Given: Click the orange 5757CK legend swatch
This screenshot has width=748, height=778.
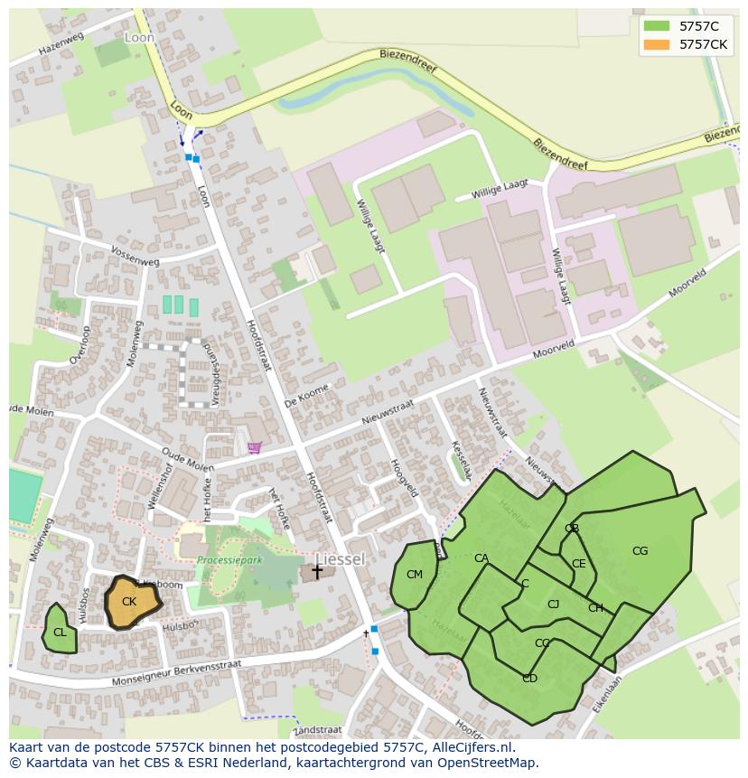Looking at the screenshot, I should [x=657, y=44].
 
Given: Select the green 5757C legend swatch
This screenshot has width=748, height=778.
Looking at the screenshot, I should [x=657, y=26].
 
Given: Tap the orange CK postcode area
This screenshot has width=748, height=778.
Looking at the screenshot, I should [x=130, y=602].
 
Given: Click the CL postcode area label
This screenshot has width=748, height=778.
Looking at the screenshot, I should [x=60, y=633].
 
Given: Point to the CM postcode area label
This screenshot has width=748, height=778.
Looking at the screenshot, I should [x=415, y=575].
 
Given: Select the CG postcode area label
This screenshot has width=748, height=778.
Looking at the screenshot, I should [x=640, y=551].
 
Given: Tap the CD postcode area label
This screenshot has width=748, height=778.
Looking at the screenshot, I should [x=529, y=679].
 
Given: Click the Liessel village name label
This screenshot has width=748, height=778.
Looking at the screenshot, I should [x=340, y=559].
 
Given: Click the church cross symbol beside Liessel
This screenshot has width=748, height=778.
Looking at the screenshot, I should [x=317, y=571].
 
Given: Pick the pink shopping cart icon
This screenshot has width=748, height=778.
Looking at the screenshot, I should [x=255, y=446].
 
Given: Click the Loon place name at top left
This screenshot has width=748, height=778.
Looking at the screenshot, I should [x=139, y=38].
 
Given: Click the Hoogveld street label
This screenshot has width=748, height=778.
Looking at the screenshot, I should [x=404, y=476].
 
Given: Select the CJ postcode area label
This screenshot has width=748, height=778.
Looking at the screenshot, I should [x=553, y=605].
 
